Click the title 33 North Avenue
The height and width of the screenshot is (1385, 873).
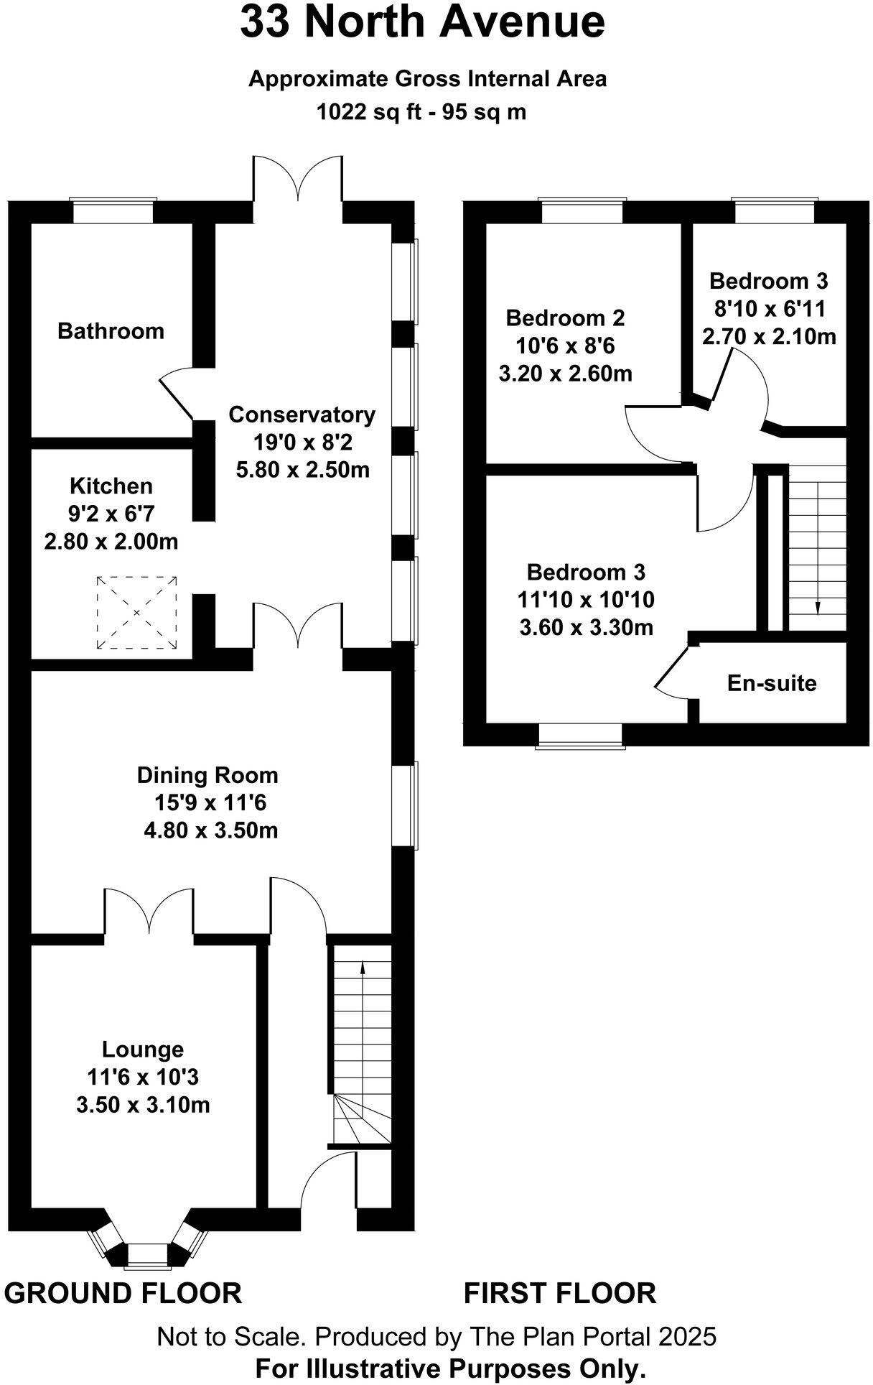pos(422,23)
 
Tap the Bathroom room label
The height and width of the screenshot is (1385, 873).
pos(111,331)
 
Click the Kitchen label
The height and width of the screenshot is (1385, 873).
pos(111,486)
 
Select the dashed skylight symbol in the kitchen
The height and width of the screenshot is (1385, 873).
pos(136,613)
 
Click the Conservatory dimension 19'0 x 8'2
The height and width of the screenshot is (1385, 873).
pos(302,442)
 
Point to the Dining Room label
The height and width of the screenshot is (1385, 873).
pos(207,775)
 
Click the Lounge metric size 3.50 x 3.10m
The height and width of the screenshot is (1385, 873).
pos(143,1104)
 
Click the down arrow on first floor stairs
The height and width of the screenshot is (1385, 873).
pos(818,607)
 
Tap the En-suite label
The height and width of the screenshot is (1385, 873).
pos(772,682)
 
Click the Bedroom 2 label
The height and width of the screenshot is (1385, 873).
pos(565,318)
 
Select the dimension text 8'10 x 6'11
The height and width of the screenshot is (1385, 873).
pos(769,308)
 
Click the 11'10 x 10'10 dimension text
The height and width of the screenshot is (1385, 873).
pos(586,599)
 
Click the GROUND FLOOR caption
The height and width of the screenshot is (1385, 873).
pos(123,1293)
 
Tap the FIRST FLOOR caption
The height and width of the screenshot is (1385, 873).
pos(559,1293)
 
